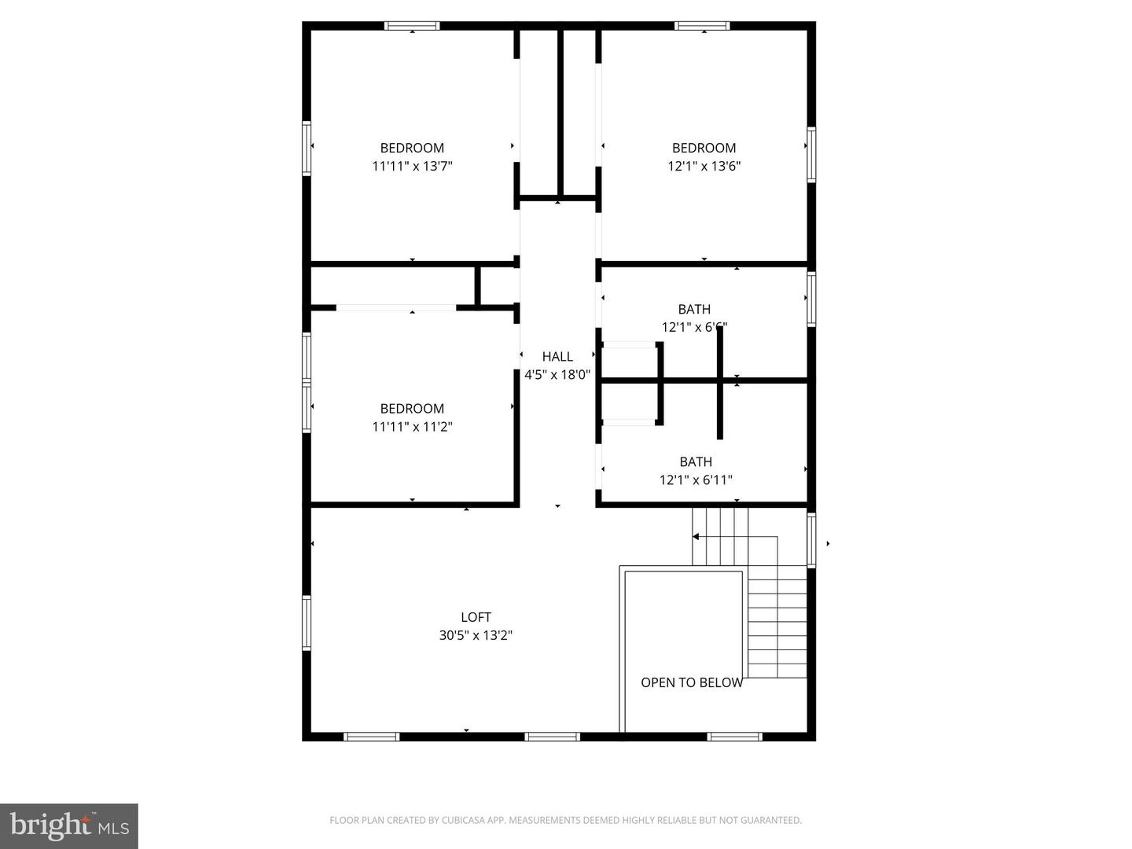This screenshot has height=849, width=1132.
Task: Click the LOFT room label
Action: pos(476,617)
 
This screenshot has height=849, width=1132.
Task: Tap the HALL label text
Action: pos(557,357)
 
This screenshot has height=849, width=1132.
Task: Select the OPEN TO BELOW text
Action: pos(692,682)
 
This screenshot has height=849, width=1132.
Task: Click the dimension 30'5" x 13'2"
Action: pos(476,635)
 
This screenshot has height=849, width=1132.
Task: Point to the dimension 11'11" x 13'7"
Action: pos(412,166)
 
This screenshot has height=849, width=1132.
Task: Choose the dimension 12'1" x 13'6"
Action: pos(704,166)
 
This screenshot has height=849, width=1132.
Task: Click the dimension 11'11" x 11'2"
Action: pos(412,427)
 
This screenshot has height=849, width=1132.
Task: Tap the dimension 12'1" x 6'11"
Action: pos(696,480)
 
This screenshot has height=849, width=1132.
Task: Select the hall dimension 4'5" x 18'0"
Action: pos(557,375)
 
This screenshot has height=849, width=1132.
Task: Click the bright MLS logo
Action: pos(69,825)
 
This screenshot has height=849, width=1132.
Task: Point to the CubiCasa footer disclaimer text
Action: pos(565,820)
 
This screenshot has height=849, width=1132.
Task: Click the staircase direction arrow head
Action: pos(696,537)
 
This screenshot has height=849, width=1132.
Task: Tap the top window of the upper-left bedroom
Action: pos(412,26)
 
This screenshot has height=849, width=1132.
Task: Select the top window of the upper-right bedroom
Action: pos(702,26)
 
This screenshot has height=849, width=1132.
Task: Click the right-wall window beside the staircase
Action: pos(811,539)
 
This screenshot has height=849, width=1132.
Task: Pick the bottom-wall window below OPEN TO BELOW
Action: pos(734,737)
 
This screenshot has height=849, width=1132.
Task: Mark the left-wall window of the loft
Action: pos(307,623)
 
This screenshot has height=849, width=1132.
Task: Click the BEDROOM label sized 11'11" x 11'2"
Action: pos(412,409)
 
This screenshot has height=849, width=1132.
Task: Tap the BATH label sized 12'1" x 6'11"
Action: pos(696,461)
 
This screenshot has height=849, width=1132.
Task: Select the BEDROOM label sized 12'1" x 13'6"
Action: pos(704,148)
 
